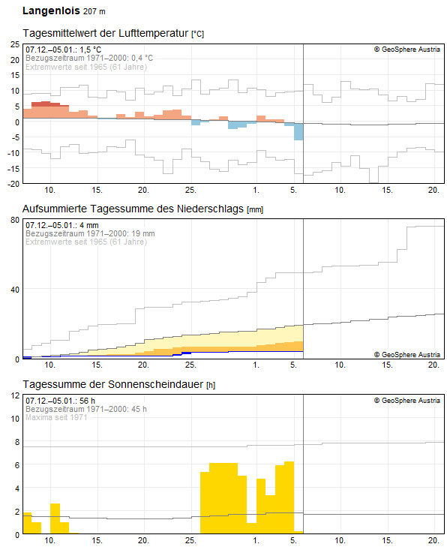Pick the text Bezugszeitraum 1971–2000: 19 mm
(90, 233)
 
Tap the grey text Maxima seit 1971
(57, 417)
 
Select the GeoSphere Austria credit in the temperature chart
(406, 50)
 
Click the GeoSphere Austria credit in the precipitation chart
(406, 353)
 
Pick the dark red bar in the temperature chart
(46, 104)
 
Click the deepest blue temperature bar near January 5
(298, 132)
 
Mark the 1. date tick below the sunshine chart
(256, 541)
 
